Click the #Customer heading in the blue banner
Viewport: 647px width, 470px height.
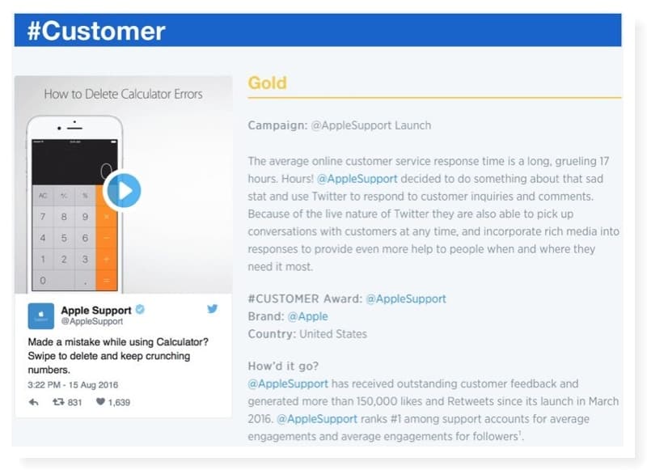(96, 31)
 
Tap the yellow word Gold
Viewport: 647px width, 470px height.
(268, 83)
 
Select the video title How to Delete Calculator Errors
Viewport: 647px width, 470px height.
(123, 94)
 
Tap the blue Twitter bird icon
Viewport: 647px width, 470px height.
(213, 309)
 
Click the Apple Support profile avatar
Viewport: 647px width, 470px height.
(41, 316)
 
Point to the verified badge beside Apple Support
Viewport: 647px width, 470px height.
(140, 309)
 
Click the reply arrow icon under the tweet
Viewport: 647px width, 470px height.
(34, 402)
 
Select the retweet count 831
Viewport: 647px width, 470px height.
(74, 402)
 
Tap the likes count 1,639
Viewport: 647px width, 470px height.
(119, 402)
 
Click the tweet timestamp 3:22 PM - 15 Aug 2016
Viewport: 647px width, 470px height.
(73, 385)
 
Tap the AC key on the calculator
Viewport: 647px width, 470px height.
(43, 196)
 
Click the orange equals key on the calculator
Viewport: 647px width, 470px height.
(107, 281)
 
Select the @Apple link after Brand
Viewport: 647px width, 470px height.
(308, 316)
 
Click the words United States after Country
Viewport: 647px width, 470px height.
(333, 334)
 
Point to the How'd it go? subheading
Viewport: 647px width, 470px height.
(284, 366)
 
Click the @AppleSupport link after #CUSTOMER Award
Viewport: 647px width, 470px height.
(406, 299)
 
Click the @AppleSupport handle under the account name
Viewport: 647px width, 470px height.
(92, 321)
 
